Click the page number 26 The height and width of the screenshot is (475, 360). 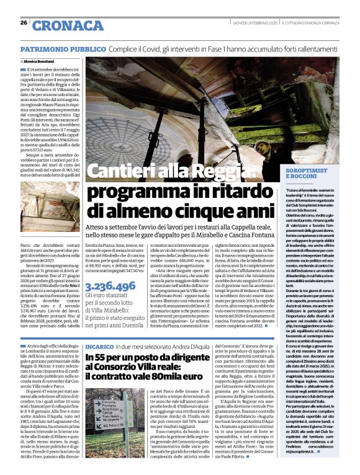point(24,23)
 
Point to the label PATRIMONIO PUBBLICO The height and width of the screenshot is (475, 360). point(63,48)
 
